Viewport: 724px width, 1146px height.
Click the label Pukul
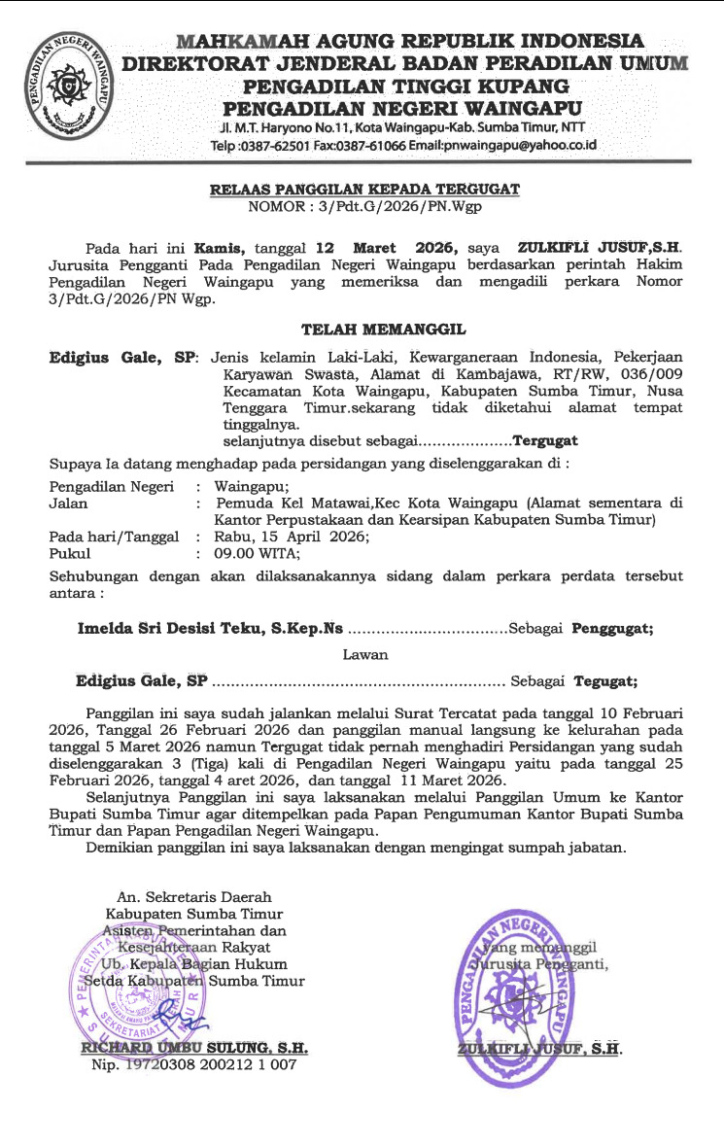pos(69,553)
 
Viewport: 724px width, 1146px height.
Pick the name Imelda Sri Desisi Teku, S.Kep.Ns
pos(210,629)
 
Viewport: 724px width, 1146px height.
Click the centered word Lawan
pos(364,655)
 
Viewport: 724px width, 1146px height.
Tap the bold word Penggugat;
pos(612,629)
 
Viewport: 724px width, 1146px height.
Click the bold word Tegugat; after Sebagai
pos(605,680)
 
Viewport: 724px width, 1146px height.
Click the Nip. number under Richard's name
pos(193,1065)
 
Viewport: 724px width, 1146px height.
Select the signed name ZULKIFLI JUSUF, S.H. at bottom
pos(539,1049)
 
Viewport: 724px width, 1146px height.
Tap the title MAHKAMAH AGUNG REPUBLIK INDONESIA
pos(409,42)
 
